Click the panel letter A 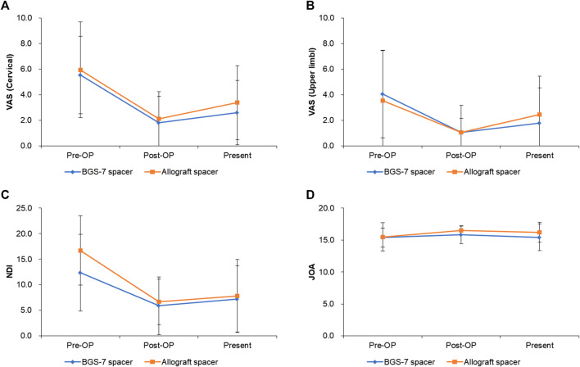[4, 7]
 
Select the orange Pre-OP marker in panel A [80, 70]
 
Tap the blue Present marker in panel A [237, 112]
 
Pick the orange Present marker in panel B [539, 115]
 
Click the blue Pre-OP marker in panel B [383, 94]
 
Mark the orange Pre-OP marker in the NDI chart [80, 251]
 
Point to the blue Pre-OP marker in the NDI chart [80, 273]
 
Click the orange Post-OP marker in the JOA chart [461, 230]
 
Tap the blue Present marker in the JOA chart [539, 237]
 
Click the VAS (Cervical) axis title [10, 82]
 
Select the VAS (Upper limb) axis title [312, 82]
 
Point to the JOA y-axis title [312, 272]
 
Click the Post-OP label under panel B [461, 156]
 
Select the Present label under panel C [237, 345]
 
